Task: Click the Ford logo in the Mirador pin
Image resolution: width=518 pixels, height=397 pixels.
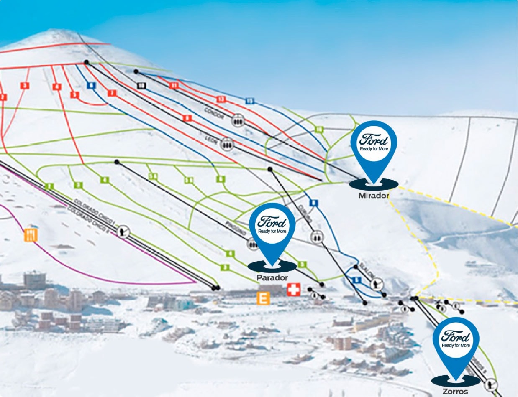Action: pyautogui.click(x=374, y=140)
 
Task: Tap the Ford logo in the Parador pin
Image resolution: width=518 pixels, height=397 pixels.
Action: pyautogui.click(x=272, y=222)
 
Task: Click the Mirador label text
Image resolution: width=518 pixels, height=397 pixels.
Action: pyautogui.click(x=374, y=196)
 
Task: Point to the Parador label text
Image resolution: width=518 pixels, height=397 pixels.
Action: pyautogui.click(x=272, y=278)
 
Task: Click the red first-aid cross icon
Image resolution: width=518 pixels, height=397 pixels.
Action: pyautogui.click(x=293, y=290)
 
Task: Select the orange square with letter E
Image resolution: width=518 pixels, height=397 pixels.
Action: pyautogui.click(x=263, y=298)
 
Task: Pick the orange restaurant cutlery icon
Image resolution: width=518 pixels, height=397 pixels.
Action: pyautogui.click(x=31, y=235)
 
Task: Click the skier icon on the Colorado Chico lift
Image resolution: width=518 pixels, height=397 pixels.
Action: pyautogui.click(x=123, y=231)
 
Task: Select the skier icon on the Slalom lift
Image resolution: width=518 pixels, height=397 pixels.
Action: pyautogui.click(x=377, y=284)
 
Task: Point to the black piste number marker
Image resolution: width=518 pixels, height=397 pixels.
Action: pyautogui.click(x=141, y=86)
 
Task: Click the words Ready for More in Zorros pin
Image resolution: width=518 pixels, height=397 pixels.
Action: pyautogui.click(x=456, y=346)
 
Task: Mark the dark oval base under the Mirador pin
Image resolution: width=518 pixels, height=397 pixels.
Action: pyautogui.click(x=373, y=184)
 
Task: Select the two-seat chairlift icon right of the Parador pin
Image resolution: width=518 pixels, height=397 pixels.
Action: pyautogui.click(x=317, y=237)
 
